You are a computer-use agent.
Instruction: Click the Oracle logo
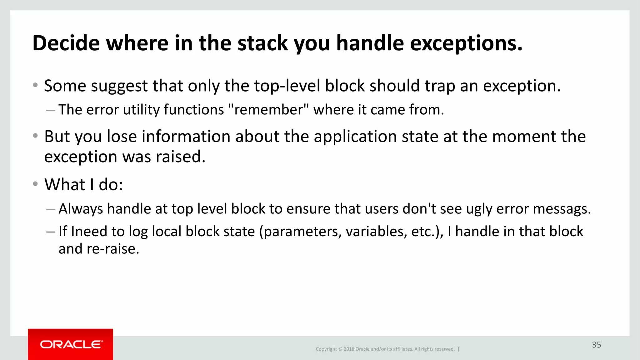[x=71, y=344]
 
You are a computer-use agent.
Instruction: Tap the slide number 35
[x=596, y=345]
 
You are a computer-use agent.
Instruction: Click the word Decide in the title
[x=66, y=43]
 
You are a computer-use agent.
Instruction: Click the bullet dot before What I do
[x=35, y=184]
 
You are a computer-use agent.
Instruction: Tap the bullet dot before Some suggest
[x=35, y=85]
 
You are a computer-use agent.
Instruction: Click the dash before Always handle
[x=51, y=209]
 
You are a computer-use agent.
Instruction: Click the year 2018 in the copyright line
[x=349, y=349]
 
